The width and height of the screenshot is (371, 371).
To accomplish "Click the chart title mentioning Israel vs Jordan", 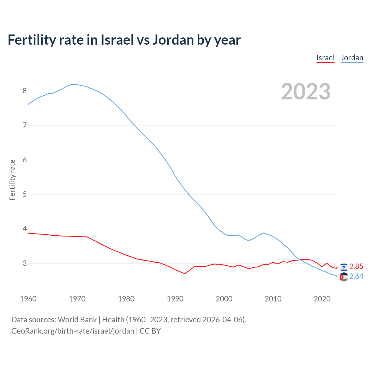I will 124,40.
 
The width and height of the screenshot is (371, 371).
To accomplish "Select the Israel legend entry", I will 325,58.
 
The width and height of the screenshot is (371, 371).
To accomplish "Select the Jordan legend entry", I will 352,58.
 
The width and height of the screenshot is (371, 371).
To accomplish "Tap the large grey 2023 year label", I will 305,92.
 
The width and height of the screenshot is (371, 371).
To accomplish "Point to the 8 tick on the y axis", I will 25,91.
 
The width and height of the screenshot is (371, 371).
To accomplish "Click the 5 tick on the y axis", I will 25,194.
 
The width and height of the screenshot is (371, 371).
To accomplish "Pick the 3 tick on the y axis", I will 25,263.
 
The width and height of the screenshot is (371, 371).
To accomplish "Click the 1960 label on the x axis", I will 28,299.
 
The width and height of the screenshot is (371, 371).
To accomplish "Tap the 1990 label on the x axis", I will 175,299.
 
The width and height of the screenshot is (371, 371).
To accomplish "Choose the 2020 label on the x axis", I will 322,299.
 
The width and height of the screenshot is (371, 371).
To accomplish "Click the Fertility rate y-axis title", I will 12,180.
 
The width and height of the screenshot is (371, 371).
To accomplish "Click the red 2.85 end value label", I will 356,267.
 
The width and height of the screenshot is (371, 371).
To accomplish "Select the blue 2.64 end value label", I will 356,277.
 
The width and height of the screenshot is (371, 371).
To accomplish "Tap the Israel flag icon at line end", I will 344,267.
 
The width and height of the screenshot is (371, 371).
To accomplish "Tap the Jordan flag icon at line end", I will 344,277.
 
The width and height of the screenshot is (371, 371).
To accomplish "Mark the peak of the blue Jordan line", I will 72,84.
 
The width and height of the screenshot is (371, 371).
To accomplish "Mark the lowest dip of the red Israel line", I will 185,274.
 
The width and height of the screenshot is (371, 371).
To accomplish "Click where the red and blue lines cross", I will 301,260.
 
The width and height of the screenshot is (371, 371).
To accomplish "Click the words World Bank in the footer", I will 77,320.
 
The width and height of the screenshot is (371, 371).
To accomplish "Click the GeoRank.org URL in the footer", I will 73,331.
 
